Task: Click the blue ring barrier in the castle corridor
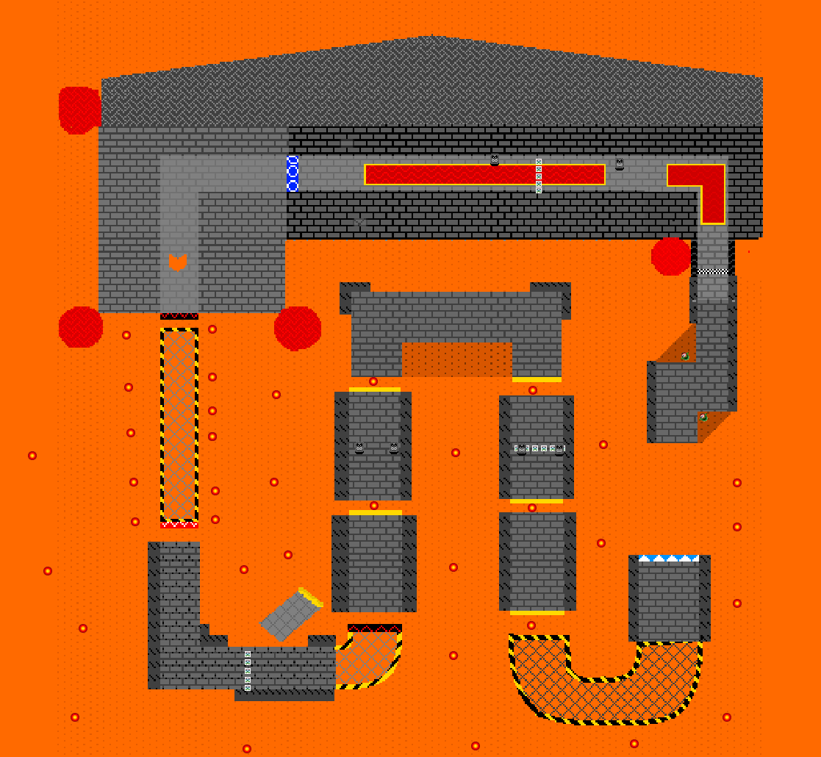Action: pyautogui.click(x=292, y=173)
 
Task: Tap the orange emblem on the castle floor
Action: pyautogui.click(x=177, y=262)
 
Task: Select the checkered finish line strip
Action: pyautogui.click(x=712, y=272)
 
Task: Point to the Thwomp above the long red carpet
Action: pyautogui.click(x=495, y=159)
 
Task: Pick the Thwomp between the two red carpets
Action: pyautogui.click(x=620, y=165)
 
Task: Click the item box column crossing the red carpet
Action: pyautogui.click(x=539, y=176)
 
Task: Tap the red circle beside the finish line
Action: pyautogui.click(x=670, y=256)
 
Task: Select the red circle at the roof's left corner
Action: pyautogui.click(x=79, y=110)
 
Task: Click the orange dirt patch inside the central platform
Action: pyautogui.click(x=457, y=359)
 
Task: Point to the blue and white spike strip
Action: pyautogui.click(x=669, y=559)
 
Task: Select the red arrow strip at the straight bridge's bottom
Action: pyautogui.click(x=179, y=524)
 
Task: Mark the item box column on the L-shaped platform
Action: pyautogui.click(x=248, y=670)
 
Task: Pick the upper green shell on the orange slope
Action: pyautogui.click(x=685, y=356)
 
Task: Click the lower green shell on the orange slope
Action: pyautogui.click(x=703, y=417)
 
